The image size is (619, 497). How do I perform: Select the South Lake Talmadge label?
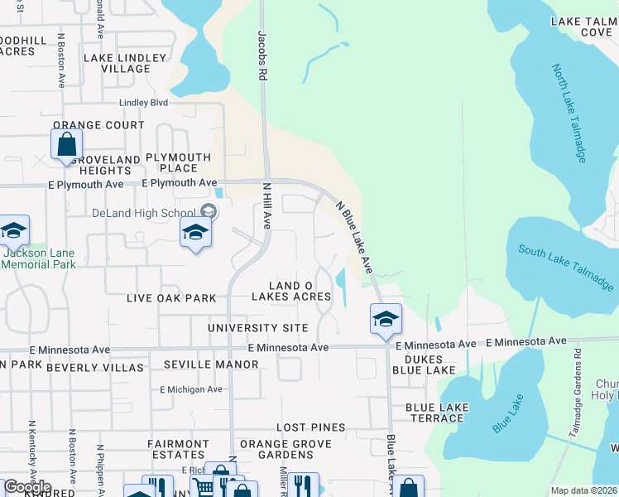pos(567,267)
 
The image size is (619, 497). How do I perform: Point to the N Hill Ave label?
pos(267,206)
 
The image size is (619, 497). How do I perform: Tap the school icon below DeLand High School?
pos(195,233)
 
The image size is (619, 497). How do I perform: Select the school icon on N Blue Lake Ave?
pos(386,320)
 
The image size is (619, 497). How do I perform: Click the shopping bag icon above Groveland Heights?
pos(65,144)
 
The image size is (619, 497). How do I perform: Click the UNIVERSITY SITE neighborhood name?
pos(257,329)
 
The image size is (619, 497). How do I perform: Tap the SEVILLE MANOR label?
pos(199,364)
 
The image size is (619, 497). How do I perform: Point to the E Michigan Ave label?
pos(191,389)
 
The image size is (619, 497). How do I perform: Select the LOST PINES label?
pos(310,427)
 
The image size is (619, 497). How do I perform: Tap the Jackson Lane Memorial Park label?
pos(38,258)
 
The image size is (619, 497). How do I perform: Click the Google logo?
pos(26,487)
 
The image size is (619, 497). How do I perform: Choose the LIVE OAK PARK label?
pos(171,298)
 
